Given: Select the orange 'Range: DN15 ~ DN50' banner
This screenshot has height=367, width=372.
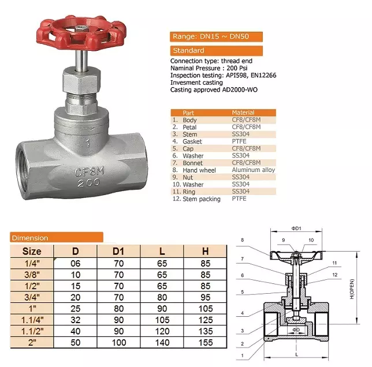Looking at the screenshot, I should (x=216, y=36).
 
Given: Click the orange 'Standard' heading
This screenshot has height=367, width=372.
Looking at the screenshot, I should (x=216, y=51).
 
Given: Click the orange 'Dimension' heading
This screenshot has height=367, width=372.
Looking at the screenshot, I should (x=57, y=237).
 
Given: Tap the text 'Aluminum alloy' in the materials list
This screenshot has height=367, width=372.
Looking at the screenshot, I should (x=253, y=170).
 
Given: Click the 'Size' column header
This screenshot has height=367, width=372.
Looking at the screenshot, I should (x=32, y=251).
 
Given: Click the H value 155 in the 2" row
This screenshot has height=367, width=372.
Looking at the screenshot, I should (x=205, y=342).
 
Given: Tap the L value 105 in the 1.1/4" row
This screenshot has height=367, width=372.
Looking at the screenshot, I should (x=162, y=319).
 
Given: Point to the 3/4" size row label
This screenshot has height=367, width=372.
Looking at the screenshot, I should (x=32, y=297).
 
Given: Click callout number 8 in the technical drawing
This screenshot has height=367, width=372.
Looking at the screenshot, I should (x=243, y=239).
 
